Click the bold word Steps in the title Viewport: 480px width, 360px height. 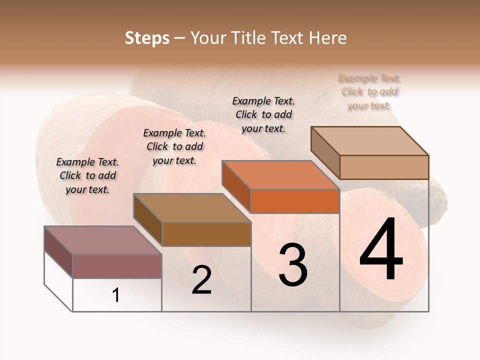pos(147,38)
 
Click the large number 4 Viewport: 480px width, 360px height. pos(381,250)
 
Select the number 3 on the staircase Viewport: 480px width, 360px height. pos(292,264)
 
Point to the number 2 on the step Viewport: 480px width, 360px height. pos(201,280)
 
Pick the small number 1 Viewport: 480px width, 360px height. pos(116,295)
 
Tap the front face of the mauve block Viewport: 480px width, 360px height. pos(117,266)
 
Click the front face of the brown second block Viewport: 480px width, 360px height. pos(206,234)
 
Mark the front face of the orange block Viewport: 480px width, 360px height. pos(295,201)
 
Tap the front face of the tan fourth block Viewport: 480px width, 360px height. pos(384,167)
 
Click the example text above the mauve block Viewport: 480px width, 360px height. pos(87,175)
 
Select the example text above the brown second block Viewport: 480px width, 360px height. pos(174,146)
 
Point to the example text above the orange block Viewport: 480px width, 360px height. pos(263,114)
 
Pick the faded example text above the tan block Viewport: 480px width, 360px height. pos(370,91)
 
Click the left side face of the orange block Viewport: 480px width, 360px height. pos(236,186)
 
